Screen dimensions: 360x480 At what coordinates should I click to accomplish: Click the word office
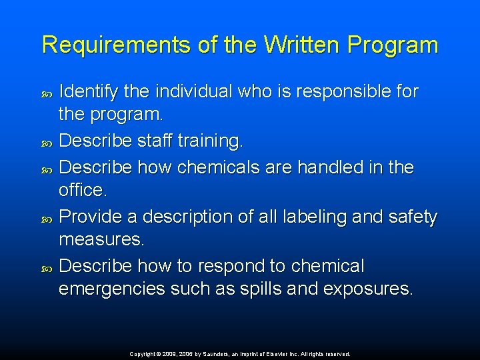(82, 190)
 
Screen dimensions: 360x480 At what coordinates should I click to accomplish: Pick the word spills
(266, 289)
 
